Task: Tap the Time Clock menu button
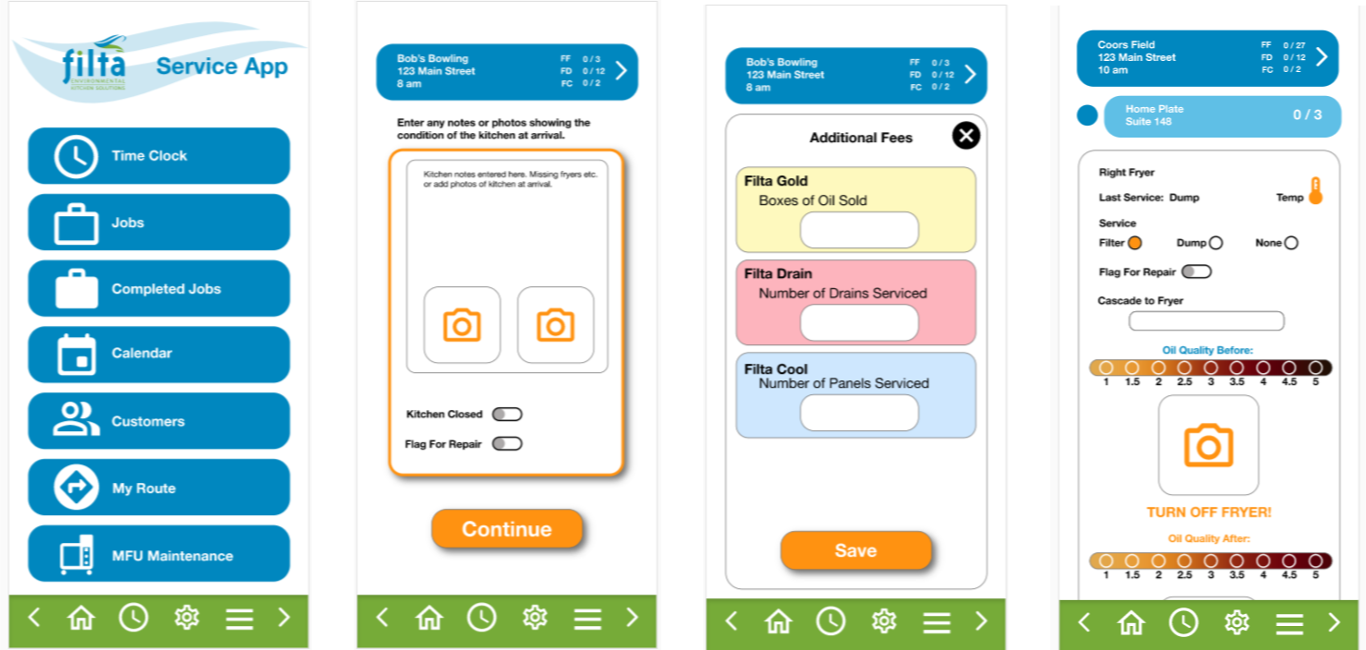click(x=159, y=155)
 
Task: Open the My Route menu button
click(x=159, y=487)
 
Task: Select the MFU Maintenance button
click(x=159, y=554)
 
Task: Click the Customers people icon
click(x=76, y=419)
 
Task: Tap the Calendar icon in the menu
click(x=77, y=355)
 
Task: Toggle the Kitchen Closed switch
click(x=507, y=415)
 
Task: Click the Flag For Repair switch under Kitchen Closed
click(x=507, y=444)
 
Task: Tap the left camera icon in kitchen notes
click(x=462, y=325)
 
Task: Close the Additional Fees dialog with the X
click(x=966, y=136)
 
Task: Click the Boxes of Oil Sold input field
click(x=859, y=230)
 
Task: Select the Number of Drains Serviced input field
click(x=859, y=322)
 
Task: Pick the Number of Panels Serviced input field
click(x=859, y=413)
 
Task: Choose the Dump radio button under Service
click(x=1216, y=243)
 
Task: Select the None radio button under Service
click(x=1291, y=243)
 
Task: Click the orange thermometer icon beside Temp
click(x=1316, y=191)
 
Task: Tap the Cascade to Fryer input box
click(x=1206, y=320)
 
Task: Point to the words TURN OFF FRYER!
click(x=1209, y=512)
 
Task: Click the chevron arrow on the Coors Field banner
click(x=1322, y=57)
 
